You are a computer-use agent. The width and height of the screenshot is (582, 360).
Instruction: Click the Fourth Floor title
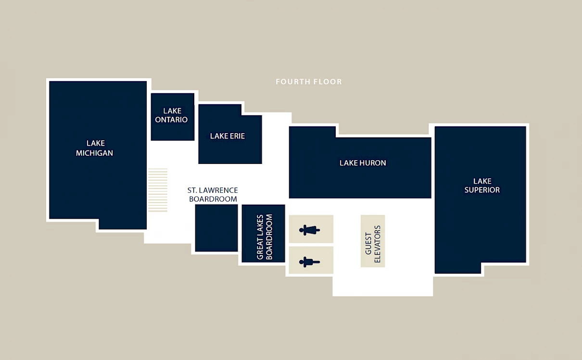click(309, 82)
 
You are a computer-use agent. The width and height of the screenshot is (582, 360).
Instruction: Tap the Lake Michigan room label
click(95, 148)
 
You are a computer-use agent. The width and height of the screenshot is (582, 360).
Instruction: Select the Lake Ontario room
click(173, 117)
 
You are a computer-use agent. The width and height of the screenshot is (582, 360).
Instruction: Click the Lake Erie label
click(228, 136)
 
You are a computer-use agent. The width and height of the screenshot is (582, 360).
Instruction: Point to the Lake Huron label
click(363, 163)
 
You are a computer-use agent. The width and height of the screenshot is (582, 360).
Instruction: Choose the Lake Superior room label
click(482, 186)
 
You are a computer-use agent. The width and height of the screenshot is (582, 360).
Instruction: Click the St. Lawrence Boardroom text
click(213, 195)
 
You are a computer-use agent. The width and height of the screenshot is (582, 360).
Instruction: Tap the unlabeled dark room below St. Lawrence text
click(216, 228)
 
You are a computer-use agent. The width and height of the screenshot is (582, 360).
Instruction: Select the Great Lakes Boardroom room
click(264, 233)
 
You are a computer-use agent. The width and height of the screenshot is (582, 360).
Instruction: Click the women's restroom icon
click(309, 230)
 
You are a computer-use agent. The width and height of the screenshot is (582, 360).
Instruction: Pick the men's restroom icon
click(309, 262)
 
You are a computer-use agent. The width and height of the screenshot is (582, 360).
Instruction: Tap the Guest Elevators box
click(373, 241)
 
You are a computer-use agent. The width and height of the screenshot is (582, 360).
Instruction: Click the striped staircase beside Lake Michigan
click(158, 190)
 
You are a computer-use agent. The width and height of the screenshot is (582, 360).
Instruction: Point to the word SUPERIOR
click(482, 190)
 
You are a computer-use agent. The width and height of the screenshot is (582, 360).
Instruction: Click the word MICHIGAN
click(95, 153)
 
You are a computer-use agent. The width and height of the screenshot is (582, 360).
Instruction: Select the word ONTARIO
click(171, 120)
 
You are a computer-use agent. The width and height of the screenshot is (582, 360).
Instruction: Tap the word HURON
click(373, 163)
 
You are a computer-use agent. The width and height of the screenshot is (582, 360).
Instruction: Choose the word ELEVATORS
click(377, 244)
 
